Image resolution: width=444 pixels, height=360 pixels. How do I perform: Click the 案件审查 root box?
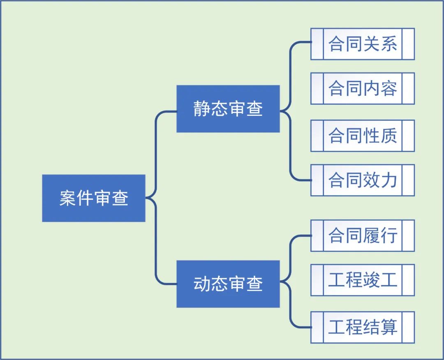[x=94, y=198]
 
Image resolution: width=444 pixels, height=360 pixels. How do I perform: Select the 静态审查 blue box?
[x=228, y=109]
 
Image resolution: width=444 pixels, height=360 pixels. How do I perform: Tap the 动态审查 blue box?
[x=228, y=284]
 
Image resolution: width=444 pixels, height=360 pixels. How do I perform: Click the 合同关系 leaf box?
[x=362, y=44]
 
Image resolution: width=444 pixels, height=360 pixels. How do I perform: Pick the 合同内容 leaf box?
[x=362, y=88]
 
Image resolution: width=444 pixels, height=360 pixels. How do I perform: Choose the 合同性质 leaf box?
[x=362, y=136]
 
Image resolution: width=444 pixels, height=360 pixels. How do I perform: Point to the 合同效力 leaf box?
[x=362, y=180]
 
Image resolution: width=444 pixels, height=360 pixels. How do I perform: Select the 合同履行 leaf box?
[x=362, y=235]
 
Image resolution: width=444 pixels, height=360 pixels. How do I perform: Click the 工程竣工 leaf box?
[x=362, y=280]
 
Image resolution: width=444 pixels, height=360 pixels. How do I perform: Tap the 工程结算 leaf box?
[x=362, y=327]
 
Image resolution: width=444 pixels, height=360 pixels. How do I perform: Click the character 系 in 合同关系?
[x=389, y=44]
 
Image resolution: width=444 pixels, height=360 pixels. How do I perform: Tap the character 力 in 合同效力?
[x=389, y=180]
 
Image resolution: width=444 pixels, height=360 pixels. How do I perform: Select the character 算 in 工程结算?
[x=389, y=327]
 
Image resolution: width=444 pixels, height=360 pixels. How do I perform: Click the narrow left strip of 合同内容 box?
[x=317, y=88]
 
